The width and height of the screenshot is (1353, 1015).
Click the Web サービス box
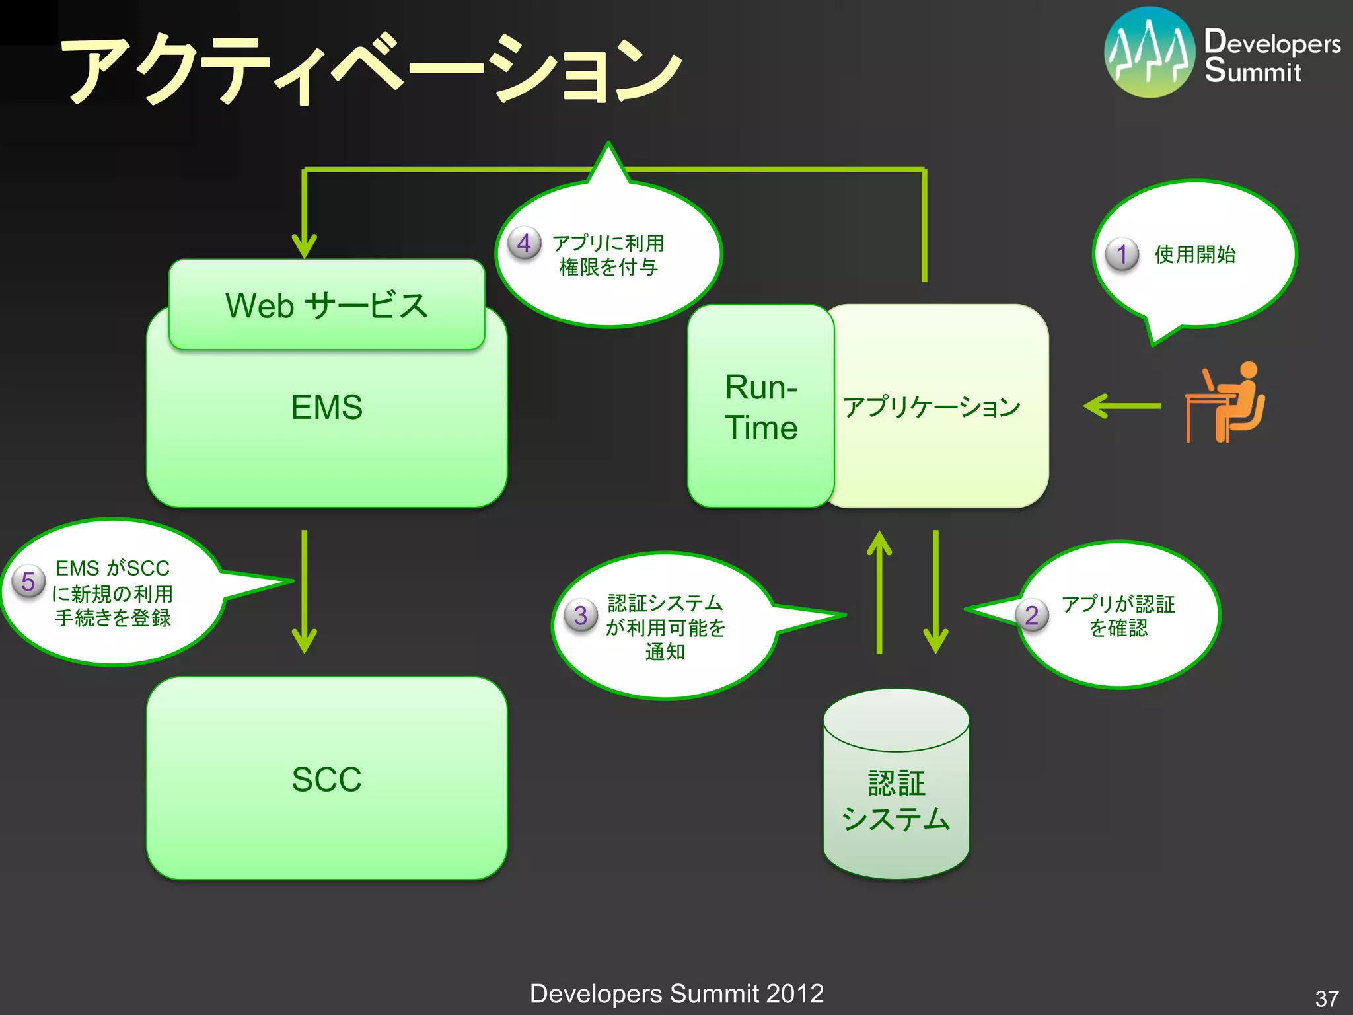click(x=326, y=305)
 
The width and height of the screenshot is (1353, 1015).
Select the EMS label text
click(x=326, y=407)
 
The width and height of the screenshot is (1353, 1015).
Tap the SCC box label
click(x=326, y=779)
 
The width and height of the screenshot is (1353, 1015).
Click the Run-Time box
click(x=760, y=406)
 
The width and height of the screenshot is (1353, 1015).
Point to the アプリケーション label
click(x=932, y=406)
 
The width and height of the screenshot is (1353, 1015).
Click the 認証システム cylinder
click(x=896, y=793)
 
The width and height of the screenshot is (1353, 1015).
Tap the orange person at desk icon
click(x=1225, y=402)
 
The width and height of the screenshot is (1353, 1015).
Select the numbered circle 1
click(x=1122, y=254)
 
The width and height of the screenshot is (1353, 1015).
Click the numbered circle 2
click(x=1032, y=615)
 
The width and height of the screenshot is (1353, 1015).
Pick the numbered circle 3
click(x=581, y=615)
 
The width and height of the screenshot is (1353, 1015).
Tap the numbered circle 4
click(x=524, y=243)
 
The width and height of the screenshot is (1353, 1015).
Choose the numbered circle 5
click(x=28, y=582)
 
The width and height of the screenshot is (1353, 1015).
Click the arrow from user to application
click(x=1122, y=406)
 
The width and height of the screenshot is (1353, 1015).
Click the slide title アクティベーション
click(x=370, y=69)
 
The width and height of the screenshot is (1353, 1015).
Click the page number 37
click(x=1327, y=998)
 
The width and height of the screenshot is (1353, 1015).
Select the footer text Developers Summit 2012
click(x=676, y=994)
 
